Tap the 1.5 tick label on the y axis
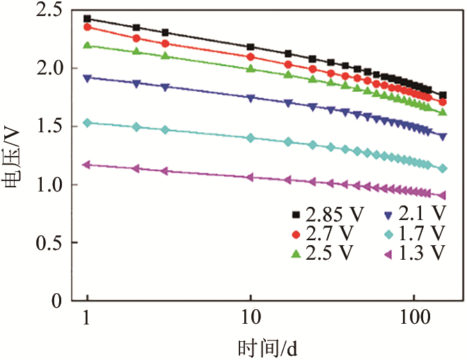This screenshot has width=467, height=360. click(45, 127)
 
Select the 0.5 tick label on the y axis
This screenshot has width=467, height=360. click(45, 243)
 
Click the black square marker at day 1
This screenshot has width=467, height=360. click(87, 19)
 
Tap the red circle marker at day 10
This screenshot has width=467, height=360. click(251, 57)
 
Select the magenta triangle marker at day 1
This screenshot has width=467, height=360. click(87, 165)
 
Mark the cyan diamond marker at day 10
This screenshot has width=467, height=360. click(251, 138)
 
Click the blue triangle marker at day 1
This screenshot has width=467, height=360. click(87, 79)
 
